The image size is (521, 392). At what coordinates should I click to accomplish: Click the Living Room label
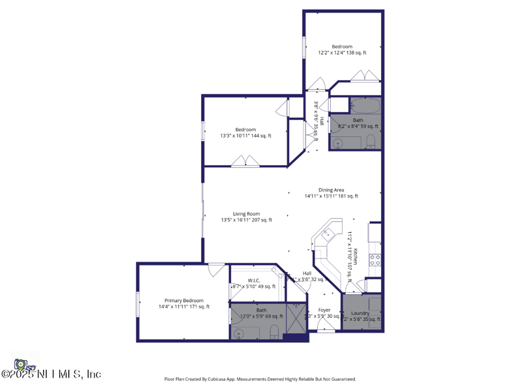[x=246, y=214]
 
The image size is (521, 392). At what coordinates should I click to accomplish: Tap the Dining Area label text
[x=331, y=190]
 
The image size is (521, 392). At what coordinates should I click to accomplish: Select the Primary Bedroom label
[x=184, y=301]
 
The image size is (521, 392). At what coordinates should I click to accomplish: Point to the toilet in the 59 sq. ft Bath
[x=370, y=141]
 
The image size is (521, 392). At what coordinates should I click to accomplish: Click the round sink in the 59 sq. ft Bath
[x=337, y=142]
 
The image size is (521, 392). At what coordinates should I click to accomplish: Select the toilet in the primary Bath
[x=274, y=331]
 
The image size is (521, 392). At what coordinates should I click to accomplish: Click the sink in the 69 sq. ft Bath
[x=239, y=332]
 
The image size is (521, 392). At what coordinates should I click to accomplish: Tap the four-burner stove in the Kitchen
[x=375, y=261]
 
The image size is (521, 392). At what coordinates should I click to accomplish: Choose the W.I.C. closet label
[x=253, y=280]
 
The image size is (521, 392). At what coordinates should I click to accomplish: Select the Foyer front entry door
[x=326, y=331]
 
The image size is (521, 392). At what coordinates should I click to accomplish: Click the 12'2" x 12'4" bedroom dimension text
[x=342, y=53]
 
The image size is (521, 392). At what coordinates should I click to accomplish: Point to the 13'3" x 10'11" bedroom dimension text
[x=246, y=136]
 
